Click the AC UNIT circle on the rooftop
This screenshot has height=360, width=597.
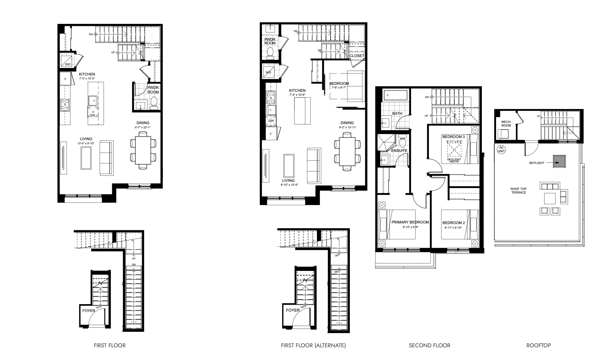point(501,150)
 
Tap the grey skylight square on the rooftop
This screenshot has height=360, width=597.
point(559,162)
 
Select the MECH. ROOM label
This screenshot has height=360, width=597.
point(506,124)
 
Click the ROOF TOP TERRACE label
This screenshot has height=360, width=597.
point(518,191)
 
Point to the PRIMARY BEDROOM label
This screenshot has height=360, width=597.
point(410,222)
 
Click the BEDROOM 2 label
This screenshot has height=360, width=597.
point(453,223)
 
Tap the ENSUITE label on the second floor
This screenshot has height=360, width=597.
point(399,150)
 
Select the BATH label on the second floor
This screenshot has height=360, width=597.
point(397,114)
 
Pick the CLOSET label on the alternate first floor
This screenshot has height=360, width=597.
point(357,56)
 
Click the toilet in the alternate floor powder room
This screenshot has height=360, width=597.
point(270,53)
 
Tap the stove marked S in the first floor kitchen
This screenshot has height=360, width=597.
point(65,105)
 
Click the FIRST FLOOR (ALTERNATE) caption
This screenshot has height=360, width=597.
point(313,345)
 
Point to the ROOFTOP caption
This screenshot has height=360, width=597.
point(538,345)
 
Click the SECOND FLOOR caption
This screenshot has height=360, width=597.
point(429,345)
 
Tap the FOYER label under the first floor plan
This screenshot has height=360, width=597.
point(89,310)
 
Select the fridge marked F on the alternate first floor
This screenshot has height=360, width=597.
point(271,133)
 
